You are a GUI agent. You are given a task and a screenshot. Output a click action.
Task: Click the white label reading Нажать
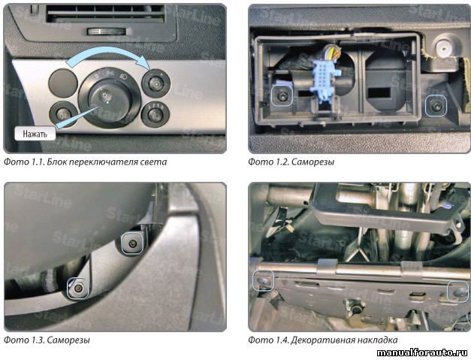click(x=35, y=134)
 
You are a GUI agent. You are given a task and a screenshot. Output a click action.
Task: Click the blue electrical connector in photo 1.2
click(x=326, y=80)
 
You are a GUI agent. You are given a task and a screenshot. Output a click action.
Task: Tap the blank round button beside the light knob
click(x=63, y=83)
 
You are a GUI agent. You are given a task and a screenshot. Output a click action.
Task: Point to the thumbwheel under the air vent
click(x=106, y=32)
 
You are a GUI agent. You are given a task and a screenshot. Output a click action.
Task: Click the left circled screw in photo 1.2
click(x=282, y=96)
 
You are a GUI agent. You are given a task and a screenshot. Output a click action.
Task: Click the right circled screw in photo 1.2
click(x=436, y=106)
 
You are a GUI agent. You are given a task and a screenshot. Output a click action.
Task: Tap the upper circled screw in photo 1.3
click(x=132, y=244)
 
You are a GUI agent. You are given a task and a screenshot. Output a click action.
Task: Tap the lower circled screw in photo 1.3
click(x=78, y=289)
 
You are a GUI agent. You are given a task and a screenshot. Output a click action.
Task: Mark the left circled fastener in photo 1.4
click(x=263, y=280)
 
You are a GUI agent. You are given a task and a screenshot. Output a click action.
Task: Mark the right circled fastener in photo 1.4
click(x=458, y=291)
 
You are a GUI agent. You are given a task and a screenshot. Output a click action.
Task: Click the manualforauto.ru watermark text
click(x=423, y=352)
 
